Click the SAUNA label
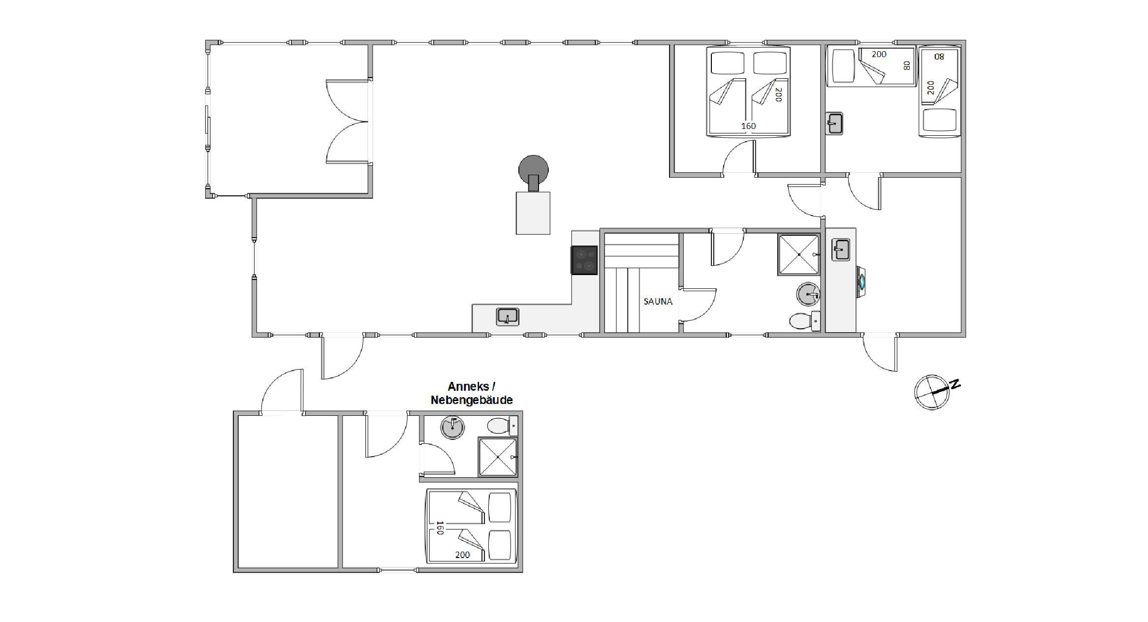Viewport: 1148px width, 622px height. coord(658,301)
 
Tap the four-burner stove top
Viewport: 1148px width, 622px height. coord(584,260)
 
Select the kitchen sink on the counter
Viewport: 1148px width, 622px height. coord(508,316)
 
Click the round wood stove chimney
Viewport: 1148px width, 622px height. coord(533,170)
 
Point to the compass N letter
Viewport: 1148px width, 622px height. coord(955,384)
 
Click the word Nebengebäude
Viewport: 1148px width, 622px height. coord(472,400)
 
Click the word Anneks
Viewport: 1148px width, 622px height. coord(468,386)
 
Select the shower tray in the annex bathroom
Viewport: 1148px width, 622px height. coord(498,457)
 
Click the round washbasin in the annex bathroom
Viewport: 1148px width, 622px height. coord(452,427)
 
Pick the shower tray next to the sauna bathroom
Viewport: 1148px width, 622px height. coord(798,254)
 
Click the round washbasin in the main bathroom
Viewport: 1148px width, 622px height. coord(808,294)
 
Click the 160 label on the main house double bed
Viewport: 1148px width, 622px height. coord(748,126)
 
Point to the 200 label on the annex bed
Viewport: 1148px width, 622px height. coord(462,555)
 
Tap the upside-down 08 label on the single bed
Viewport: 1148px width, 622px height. coord(939,57)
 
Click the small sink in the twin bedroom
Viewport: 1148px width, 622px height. coord(834,123)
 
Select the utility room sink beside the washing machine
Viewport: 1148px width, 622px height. coord(841,249)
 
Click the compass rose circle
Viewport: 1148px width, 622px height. coord(931,392)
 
